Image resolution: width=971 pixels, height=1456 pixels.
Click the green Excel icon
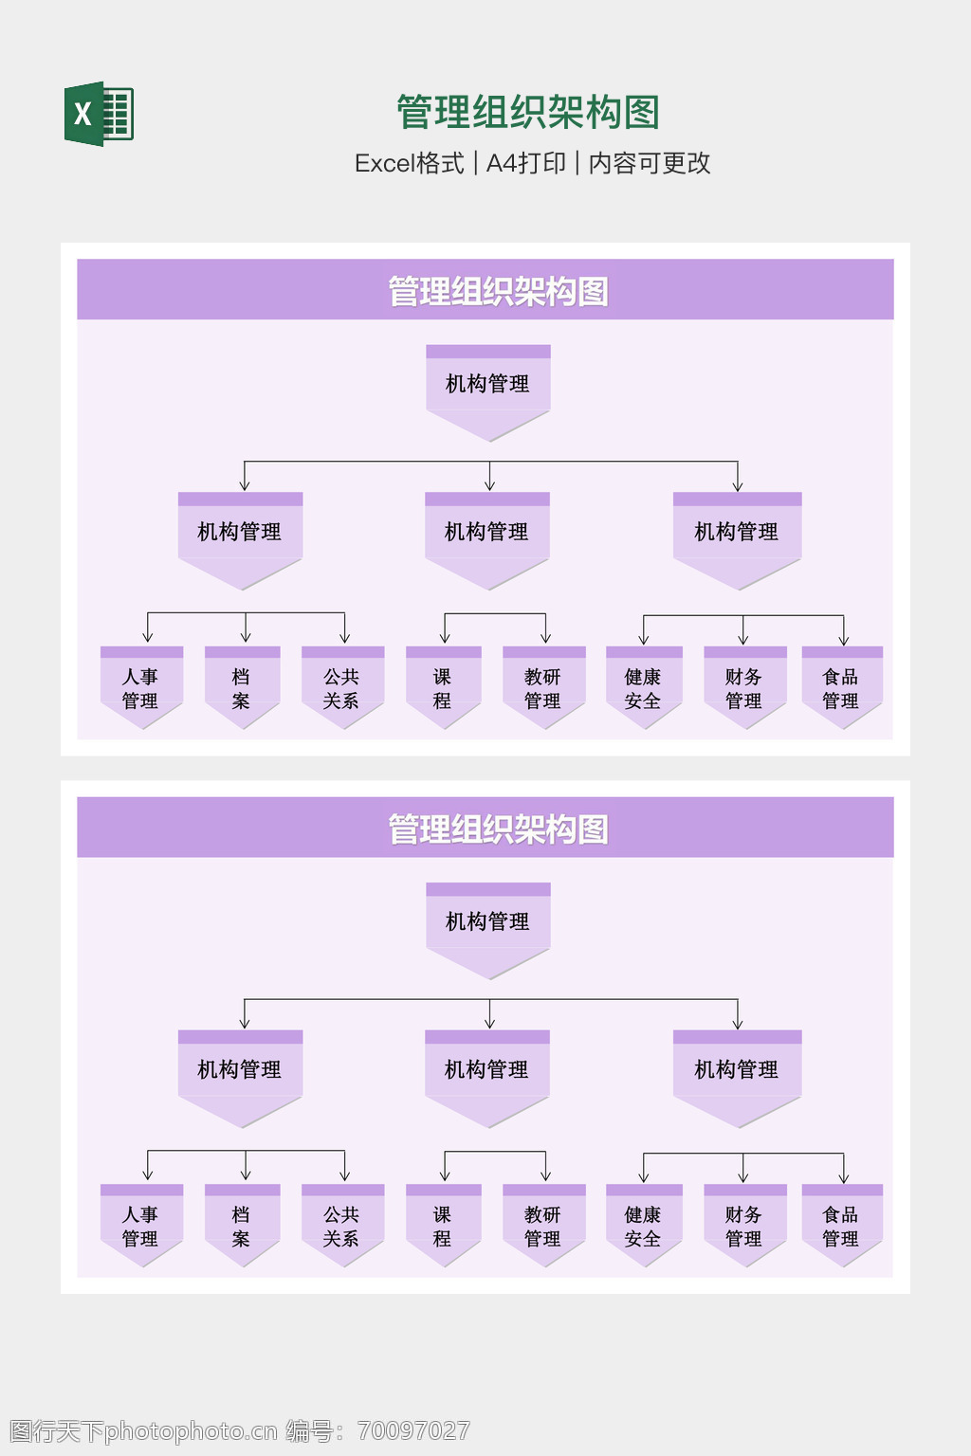tap(99, 114)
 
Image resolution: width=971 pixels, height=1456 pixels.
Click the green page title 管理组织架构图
tap(527, 113)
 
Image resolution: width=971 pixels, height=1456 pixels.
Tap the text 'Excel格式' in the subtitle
tap(409, 163)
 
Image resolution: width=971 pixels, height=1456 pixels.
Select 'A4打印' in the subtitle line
tap(525, 163)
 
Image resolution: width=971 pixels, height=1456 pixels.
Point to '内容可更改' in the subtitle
tap(650, 163)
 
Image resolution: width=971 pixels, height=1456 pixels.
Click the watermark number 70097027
tap(413, 1430)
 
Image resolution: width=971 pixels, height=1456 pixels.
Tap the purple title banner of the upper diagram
tap(485, 290)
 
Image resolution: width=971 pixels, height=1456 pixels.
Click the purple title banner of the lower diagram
tap(485, 828)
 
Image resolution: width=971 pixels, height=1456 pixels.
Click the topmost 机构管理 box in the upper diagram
tap(487, 384)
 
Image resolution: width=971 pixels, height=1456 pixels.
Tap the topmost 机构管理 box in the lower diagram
tap(487, 921)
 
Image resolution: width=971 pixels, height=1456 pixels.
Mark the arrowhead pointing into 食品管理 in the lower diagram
tap(843, 1178)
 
